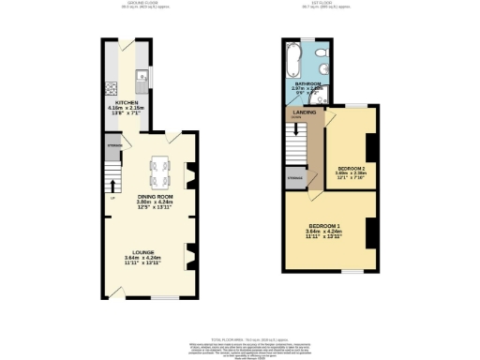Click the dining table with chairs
(x=160, y=170)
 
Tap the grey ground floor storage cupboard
(x=113, y=146)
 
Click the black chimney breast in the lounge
(x=190, y=253)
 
